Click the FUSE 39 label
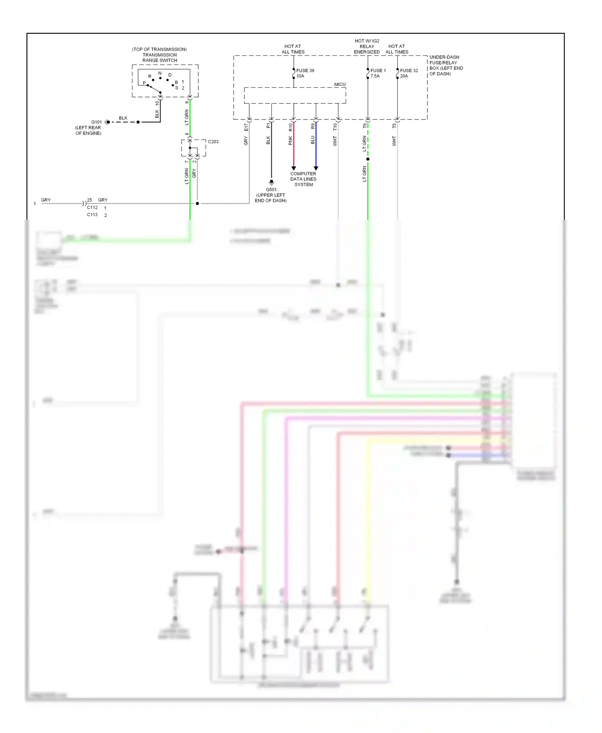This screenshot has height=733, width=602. (x=305, y=71)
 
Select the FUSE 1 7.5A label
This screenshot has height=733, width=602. (x=378, y=73)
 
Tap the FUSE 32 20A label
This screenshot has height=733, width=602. (x=409, y=73)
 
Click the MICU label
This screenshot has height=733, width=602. (x=340, y=85)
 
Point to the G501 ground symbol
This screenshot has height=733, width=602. (x=271, y=182)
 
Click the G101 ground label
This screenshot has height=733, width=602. (x=96, y=122)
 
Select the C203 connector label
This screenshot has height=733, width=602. (x=213, y=142)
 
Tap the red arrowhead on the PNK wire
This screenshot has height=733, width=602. (x=293, y=168)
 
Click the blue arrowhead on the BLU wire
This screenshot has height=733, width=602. (x=316, y=168)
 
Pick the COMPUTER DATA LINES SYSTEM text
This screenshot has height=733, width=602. (x=303, y=179)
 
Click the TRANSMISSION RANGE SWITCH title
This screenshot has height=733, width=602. (x=160, y=55)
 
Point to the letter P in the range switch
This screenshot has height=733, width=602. (x=144, y=83)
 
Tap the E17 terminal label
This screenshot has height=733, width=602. (x=246, y=127)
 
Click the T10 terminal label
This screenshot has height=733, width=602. (x=335, y=127)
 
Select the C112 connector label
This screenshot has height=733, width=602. (x=92, y=208)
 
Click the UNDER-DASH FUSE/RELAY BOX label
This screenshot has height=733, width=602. (x=446, y=65)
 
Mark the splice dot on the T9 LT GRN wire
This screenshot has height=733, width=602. (x=368, y=159)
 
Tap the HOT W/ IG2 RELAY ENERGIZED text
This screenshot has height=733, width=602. (x=367, y=47)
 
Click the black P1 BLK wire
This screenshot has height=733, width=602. (x=271, y=152)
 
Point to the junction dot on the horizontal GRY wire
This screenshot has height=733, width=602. (x=197, y=204)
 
